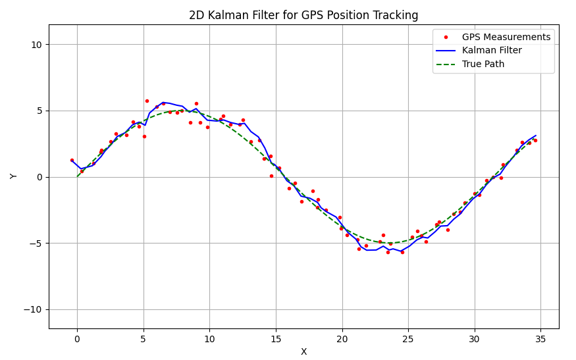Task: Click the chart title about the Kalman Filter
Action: tap(303, 15)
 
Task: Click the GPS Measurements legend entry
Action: tap(506, 37)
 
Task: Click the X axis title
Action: tap(303, 351)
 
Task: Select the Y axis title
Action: tap(14, 176)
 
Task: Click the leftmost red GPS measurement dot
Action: tap(72, 160)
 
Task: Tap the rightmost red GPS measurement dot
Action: tap(535, 140)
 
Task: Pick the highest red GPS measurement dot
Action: tap(147, 101)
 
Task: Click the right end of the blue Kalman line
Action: tap(536, 136)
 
